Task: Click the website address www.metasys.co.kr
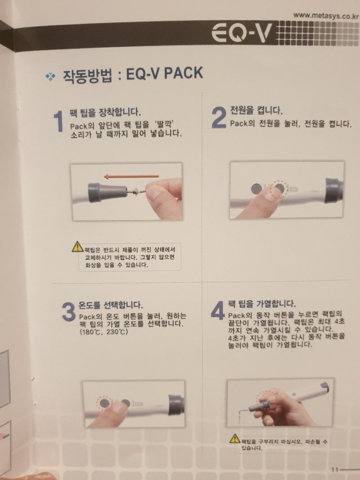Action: click(326, 15)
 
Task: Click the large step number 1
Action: click(58, 122)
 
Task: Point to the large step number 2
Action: click(218, 118)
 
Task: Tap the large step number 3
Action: click(68, 312)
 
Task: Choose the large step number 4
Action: click(217, 310)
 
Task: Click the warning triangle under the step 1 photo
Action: click(77, 247)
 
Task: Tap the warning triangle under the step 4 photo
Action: click(234, 438)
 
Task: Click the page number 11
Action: click(335, 469)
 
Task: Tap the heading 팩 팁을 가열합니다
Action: click(261, 303)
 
